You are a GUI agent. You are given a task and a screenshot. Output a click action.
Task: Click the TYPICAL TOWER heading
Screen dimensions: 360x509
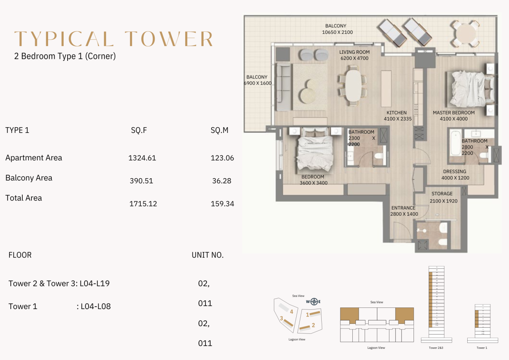pyautogui.click(x=114, y=39)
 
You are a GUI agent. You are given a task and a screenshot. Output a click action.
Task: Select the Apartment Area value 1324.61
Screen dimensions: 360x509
pyautogui.click(x=142, y=158)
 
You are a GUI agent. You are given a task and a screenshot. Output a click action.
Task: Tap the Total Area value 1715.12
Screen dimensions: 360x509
pyautogui.click(x=143, y=204)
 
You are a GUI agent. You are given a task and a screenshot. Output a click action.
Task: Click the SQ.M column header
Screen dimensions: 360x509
pyautogui.click(x=220, y=130)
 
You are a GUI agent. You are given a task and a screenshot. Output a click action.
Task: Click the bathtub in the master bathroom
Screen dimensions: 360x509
pyautogui.click(x=454, y=146)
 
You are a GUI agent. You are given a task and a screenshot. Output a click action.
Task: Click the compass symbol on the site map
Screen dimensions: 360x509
pyautogui.click(x=313, y=301)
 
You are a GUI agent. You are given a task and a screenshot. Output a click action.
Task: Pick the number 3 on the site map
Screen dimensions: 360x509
pyautogui.click(x=281, y=318)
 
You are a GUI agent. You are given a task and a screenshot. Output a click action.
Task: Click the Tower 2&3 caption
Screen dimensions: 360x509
pyautogui.click(x=436, y=348)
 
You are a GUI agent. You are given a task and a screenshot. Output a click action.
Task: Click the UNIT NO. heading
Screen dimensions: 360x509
pyautogui.click(x=208, y=255)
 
